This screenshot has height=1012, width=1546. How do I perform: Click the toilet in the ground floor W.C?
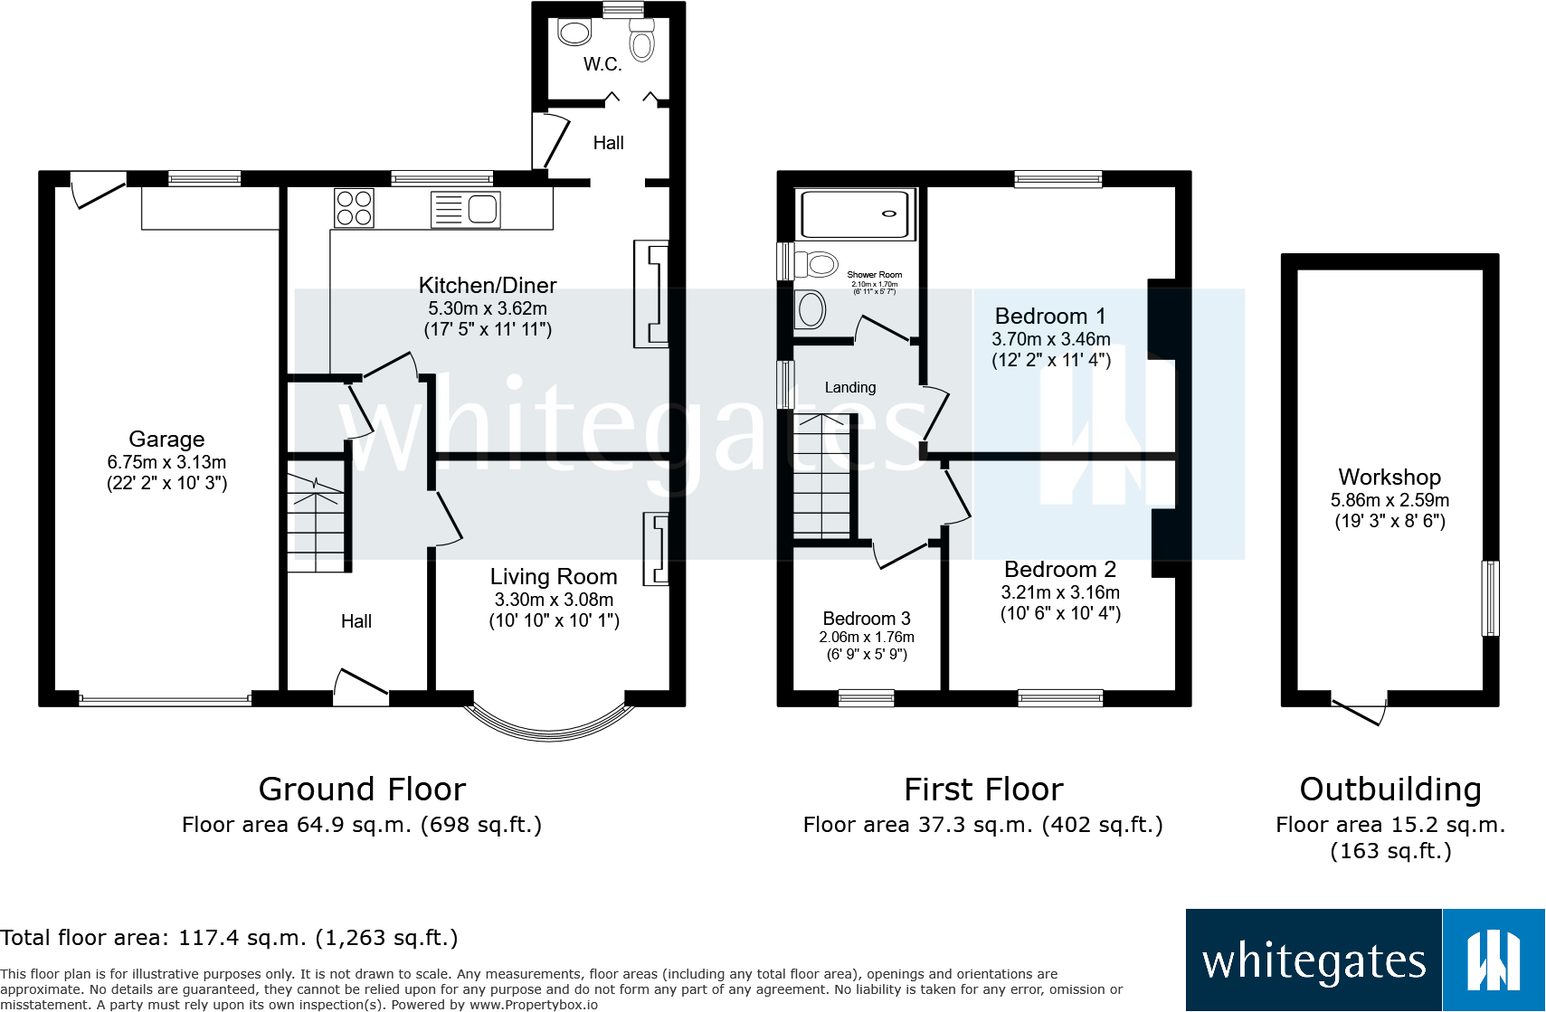(642, 41)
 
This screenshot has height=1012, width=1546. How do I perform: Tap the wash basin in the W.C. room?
(574, 33)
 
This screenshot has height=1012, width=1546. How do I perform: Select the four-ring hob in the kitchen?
(354, 208)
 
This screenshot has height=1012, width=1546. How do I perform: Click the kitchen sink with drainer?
(465, 209)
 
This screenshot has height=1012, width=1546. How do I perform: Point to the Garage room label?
(166, 440)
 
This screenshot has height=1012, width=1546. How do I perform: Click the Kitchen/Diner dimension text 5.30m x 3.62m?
(487, 308)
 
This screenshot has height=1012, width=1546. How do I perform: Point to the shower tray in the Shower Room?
(855, 214)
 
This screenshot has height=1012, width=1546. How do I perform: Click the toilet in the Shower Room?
(815, 264)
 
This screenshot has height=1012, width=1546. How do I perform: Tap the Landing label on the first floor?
(849, 387)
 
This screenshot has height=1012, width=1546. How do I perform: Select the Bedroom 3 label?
(866, 619)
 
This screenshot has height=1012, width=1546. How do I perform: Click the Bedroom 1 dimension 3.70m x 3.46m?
(1050, 339)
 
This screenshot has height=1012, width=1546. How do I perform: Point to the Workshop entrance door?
(1360, 712)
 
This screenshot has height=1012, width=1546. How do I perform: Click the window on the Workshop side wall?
(1489, 598)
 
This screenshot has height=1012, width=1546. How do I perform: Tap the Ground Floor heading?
(362, 790)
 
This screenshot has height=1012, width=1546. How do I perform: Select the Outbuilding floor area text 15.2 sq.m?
(1390, 825)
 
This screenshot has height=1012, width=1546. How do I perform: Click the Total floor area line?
(229, 938)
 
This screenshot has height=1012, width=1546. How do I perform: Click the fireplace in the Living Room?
(656, 549)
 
